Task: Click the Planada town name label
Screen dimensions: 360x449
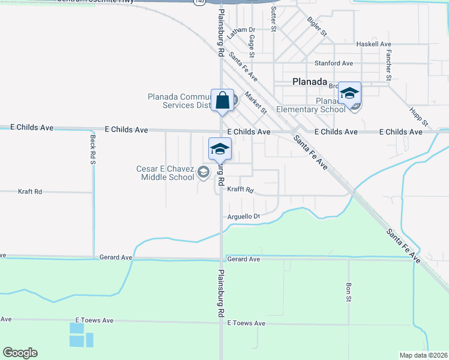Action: coord(309,82)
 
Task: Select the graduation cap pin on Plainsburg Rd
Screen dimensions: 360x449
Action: coord(220,149)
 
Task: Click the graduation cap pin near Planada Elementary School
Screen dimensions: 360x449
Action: coord(349,93)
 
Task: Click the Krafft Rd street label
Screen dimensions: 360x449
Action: coord(241,190)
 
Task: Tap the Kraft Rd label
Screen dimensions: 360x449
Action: coord(30,191)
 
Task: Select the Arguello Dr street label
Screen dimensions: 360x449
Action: coord(244,217)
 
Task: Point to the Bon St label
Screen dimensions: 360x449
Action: coord(349,292)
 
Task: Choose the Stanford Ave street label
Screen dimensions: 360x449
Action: coord(334,63)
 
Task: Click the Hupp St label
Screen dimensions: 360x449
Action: coord(420,116)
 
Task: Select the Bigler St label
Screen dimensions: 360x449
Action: coord(316,26)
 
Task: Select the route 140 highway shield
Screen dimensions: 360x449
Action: coord(199,2)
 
